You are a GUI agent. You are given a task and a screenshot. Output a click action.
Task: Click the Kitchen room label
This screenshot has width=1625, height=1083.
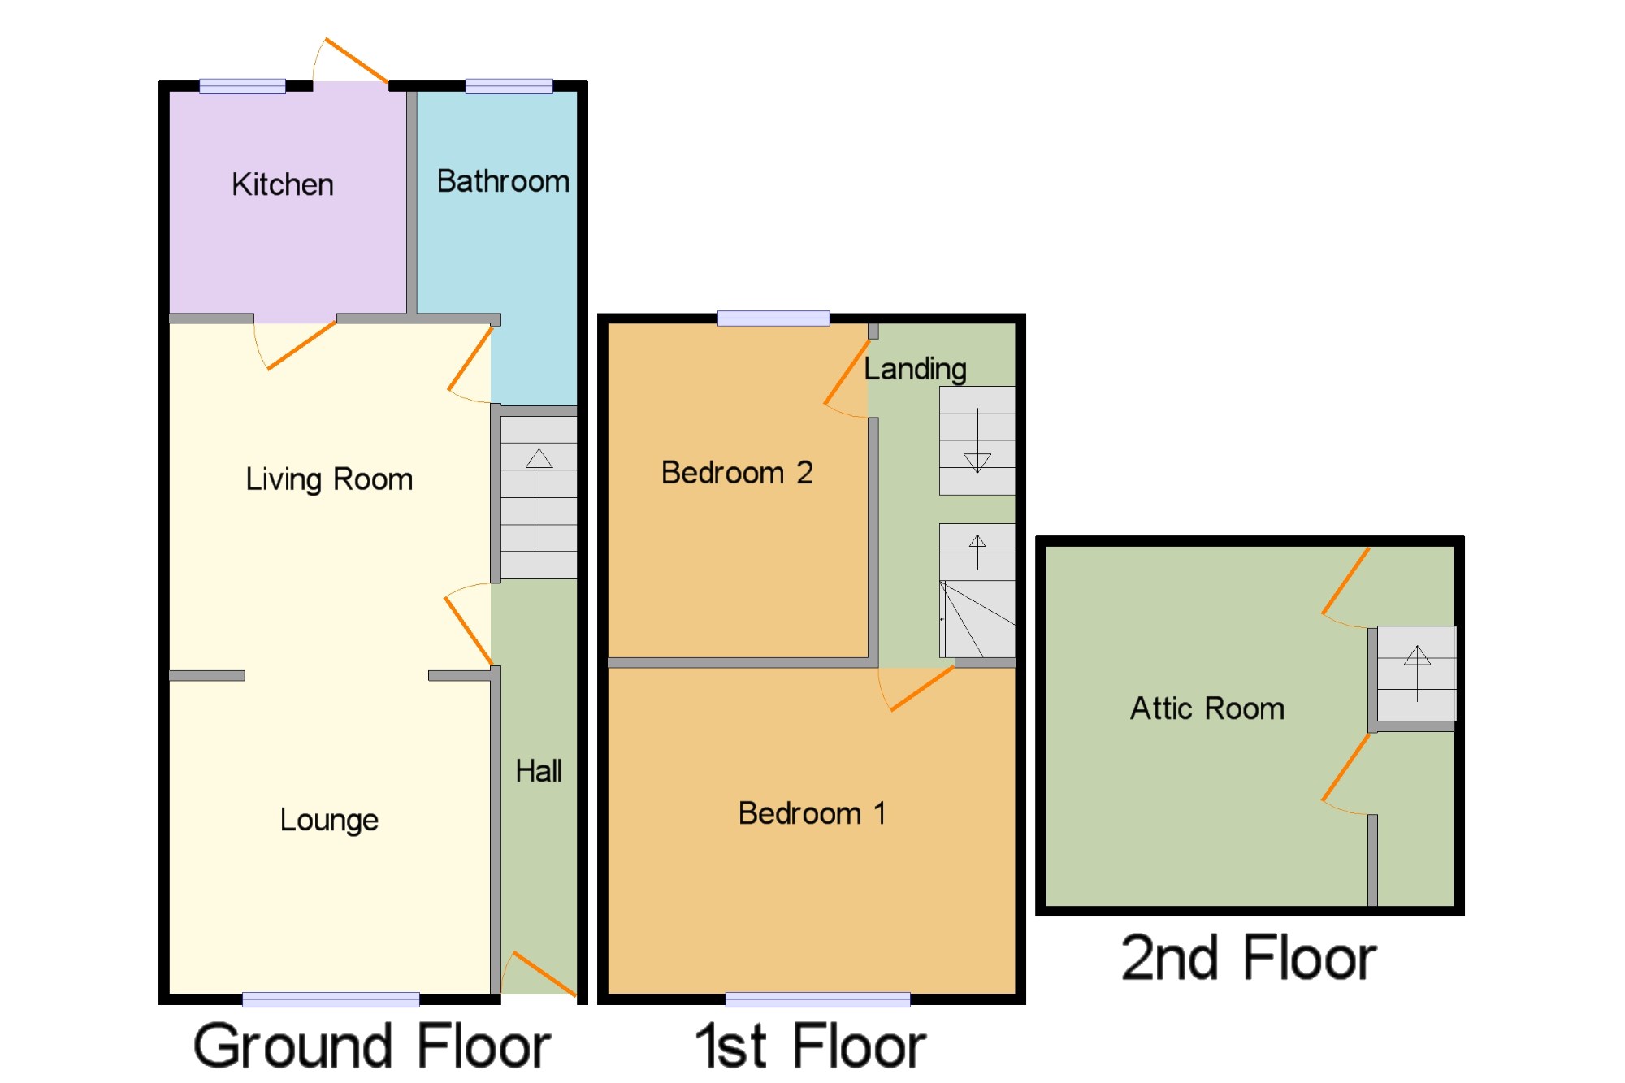click(x=283, y=184)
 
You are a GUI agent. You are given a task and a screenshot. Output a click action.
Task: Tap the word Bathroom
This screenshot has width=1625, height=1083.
click(x=503, y=181)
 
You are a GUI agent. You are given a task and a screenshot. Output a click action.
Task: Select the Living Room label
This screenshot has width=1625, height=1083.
click(x=329, y=479)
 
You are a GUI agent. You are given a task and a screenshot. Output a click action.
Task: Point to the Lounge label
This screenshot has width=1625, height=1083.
click(x=329, y=820)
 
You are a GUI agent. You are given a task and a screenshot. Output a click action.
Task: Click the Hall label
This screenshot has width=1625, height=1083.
click(x=539, y=771)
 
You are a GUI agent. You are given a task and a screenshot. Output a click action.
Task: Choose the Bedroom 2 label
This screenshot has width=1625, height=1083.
click(x=737, y=472)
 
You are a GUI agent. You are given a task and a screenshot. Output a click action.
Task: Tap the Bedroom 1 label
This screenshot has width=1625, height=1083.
click(x=812, y=812)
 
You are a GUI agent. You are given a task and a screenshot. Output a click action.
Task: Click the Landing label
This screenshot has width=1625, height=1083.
click(x=915, y=370)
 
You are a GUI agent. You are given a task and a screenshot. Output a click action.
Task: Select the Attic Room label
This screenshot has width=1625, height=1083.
click(x=1207, y=708)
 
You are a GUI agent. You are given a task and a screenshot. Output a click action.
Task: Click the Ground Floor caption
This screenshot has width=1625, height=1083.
click(x=372, y=1046)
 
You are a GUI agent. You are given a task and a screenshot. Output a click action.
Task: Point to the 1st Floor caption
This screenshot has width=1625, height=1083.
click(x=810, y=1046)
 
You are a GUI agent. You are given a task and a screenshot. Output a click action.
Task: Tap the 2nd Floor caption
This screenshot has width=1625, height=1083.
click(x=1249, y=958)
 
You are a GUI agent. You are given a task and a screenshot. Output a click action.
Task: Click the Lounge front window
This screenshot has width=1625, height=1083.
click(x=331, y=999)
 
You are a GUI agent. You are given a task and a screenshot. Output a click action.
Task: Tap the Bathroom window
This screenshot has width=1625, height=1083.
click(x=509, y=86)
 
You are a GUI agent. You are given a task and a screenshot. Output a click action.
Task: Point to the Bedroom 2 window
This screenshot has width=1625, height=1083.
click(x=773, y=318)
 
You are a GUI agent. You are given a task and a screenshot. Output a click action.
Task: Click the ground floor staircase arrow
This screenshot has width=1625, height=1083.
click(x=539, y=497)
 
